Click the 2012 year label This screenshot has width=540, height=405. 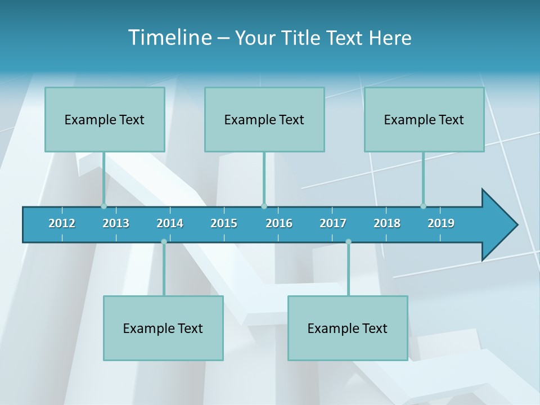click(62, 223)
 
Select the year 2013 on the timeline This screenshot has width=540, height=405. click(116, 223)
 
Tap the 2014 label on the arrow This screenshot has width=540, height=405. click(170, 223)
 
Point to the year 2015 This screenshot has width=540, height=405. click(224, 223)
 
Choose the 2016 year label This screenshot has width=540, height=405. click(279, 223)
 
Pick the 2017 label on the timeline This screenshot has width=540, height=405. click(333, 223)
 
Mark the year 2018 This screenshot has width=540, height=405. click(387, 223)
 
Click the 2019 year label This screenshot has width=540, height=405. click(441, 223)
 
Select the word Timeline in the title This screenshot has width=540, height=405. click(169, 38)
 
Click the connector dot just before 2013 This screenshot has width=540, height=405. click(104, 206)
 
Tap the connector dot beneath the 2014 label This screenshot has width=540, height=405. click(164, 242)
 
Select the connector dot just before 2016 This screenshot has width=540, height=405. click(264, 206)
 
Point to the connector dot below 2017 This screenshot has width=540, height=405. click(348, 242)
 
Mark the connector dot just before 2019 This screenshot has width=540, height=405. click(423, 206)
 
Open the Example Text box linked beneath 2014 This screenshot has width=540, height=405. click(163, 328)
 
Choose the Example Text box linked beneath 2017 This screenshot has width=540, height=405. click(348, 328)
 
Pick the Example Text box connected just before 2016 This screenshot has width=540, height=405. click(264, 119)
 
